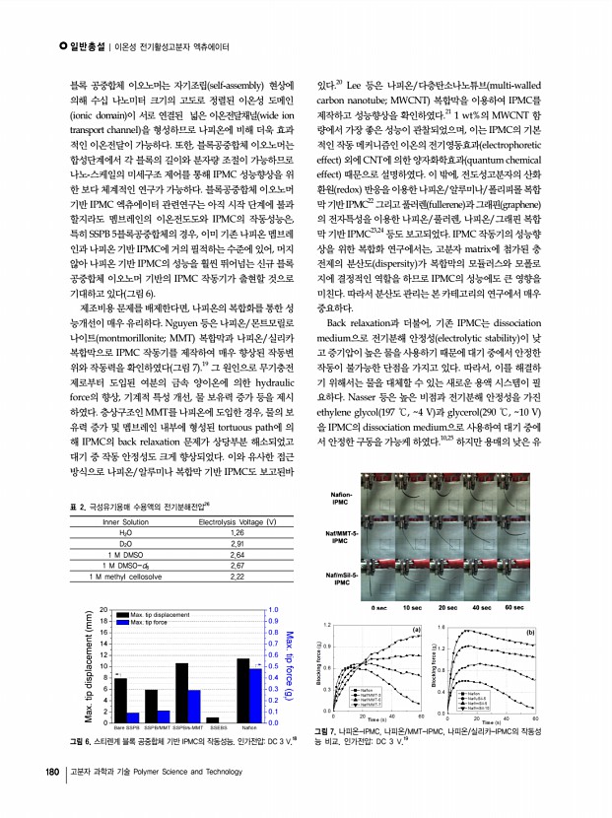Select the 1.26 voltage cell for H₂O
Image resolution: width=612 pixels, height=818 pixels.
237,530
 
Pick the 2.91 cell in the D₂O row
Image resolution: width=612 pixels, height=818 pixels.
237,542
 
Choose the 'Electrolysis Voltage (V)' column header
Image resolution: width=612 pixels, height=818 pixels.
237,519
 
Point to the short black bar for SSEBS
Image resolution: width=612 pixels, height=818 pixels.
212,718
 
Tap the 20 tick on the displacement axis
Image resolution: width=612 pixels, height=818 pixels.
105,611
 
